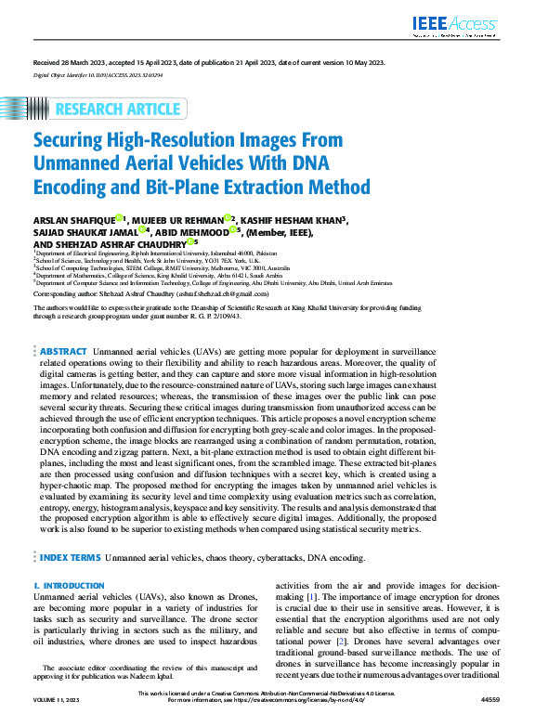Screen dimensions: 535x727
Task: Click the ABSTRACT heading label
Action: click(64, 353)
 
